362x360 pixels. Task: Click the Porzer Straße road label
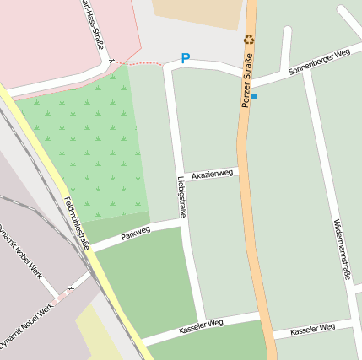click(x=247, y=81)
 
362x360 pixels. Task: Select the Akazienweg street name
click(x=212, y=174)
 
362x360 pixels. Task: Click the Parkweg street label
click(x=135, y=233)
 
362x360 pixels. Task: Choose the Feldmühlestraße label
click(x=76, y=223)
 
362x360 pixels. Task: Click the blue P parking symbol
click(x=186, y=59)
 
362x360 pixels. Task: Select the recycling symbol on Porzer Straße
click(x=249, y=39)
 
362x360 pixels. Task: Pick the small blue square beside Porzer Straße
click(x=253, y=96)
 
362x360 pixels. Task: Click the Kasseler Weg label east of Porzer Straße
click(x=312, y=329)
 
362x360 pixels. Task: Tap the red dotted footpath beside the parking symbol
click(x=142, y=62)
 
